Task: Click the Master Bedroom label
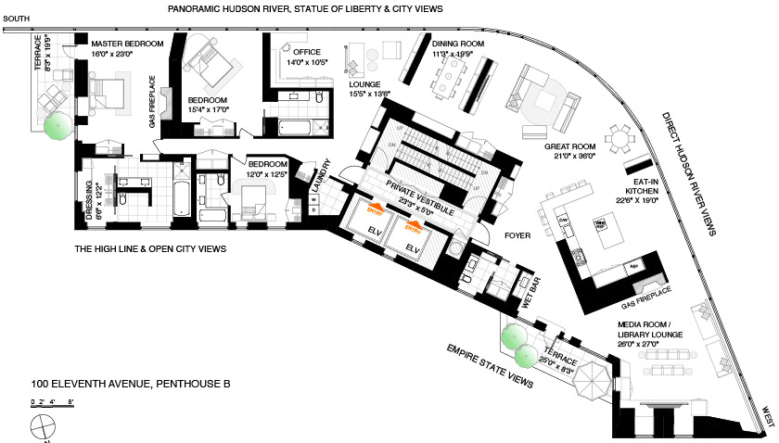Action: pos(126,44)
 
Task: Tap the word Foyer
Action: pos(517,235)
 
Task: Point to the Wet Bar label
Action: pos(528,290)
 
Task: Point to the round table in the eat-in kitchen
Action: pos(619,140)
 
